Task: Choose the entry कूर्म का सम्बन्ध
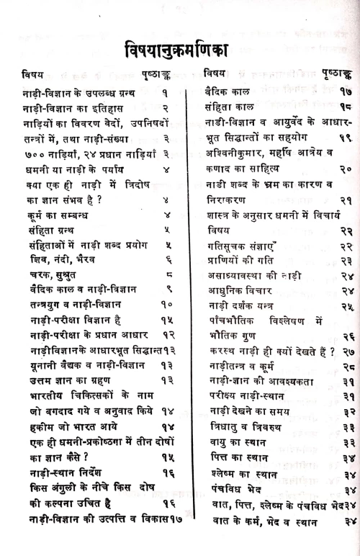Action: coord(51,213)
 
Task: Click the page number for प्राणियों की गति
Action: coord(346,261)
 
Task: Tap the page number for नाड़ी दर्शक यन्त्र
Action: coord(346,307)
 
